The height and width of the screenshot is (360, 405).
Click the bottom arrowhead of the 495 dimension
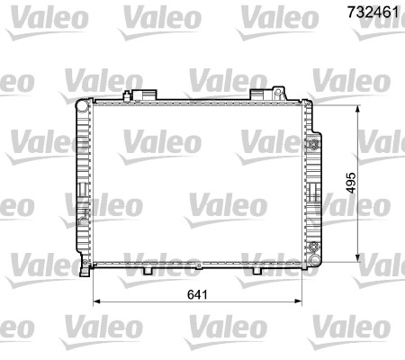pos(360,255)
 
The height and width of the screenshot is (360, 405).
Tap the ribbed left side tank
pos(84,180)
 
